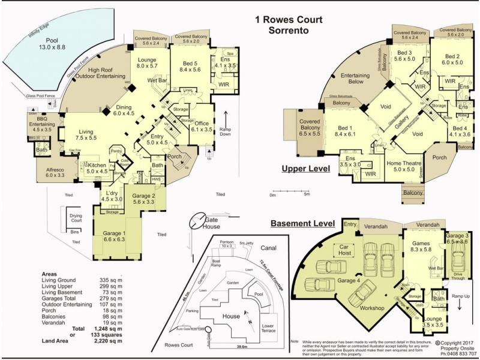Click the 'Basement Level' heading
tap(302, 223)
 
